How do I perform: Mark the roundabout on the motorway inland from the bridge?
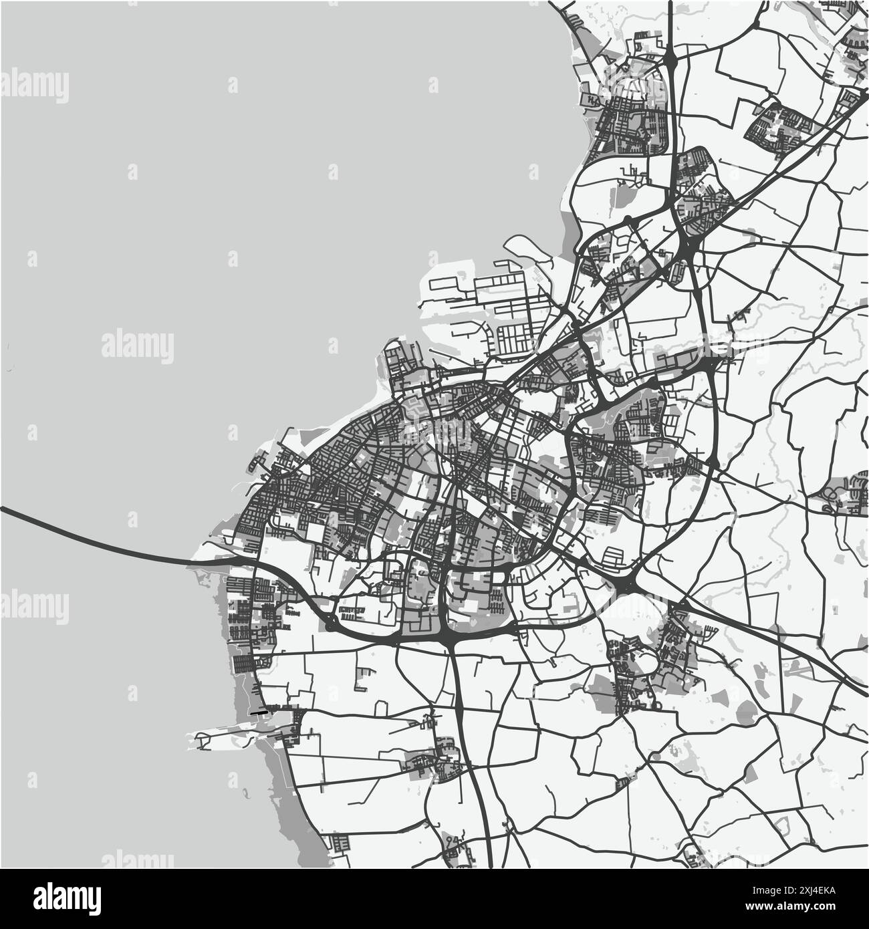[x=331, y=626]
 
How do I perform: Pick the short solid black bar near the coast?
[x=259, y=713]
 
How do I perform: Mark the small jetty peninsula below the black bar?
[x=207, y=740]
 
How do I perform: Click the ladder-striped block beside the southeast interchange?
[x=613, y=556]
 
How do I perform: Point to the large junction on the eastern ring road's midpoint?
[x=709, y=364]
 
